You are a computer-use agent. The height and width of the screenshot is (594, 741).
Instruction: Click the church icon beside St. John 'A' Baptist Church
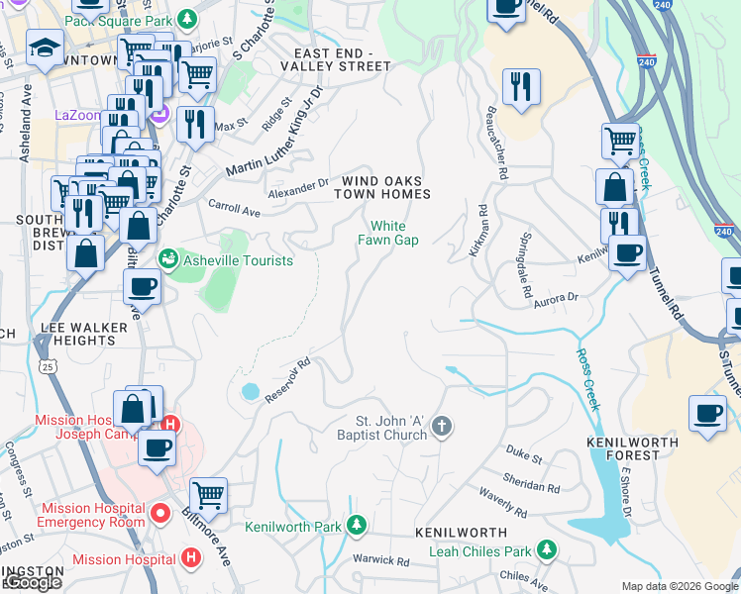[442, 427]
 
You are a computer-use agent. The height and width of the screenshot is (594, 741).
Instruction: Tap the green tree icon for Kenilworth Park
[360, 525]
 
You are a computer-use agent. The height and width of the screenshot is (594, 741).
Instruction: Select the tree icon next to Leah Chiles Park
[546, 547]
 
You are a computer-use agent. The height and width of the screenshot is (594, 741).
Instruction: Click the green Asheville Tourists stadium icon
[167, 260]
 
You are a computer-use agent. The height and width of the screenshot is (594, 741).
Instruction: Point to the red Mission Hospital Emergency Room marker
[162, 515]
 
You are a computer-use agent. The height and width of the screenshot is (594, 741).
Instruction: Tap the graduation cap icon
[45, 48]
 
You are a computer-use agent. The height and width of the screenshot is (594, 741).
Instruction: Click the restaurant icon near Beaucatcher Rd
[520, 86]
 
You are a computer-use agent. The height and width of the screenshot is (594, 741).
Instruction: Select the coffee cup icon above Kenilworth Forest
[707, 412]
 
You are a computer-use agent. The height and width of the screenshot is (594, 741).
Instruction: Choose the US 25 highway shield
[47, 366]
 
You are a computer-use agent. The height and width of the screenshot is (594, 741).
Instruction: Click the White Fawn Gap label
[388, 233]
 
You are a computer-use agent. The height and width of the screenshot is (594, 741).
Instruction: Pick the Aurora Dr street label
[559, 297]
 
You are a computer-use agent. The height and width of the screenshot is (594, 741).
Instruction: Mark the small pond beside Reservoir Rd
[250, 392]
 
